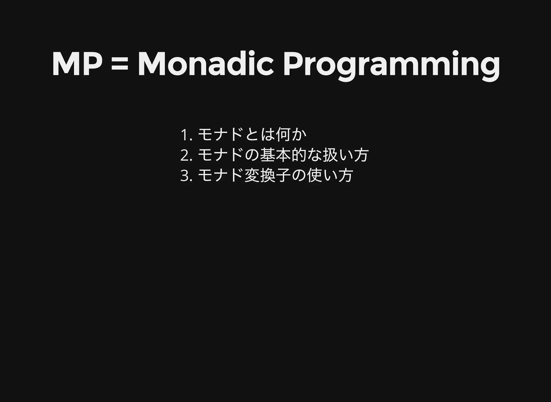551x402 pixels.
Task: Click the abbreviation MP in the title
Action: (77, 64)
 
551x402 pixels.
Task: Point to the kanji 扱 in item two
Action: (330, 155)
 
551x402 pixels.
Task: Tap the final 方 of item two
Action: (361, 155)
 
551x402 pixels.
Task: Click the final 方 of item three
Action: (346, 176)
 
